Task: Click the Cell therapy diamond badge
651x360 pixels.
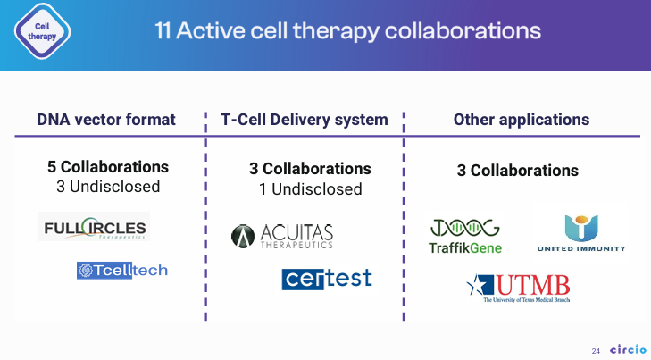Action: [x=42, y=31]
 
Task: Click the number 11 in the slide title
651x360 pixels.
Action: [x=163, y=30]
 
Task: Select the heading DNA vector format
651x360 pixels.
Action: [x=106, y=120]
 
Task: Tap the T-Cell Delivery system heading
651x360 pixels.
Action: [x=305, y=120]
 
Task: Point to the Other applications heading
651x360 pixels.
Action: [x=521, y=120]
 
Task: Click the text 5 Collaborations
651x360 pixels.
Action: [x=108, y=167]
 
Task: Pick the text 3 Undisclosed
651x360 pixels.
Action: [x=108, y=187]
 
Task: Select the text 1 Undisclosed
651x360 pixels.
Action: [x=311, y=189]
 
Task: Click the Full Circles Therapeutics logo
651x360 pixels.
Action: [x=94, y=227]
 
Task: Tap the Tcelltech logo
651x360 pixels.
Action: [x=122, y=271]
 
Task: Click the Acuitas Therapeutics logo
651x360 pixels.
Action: [x=282, y=236]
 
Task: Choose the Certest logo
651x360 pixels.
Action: [x=327, y=279]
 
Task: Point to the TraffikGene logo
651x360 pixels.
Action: [x=465, y=236]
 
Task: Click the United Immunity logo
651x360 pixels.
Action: [x=581, y=233]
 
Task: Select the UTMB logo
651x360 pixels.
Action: [x=518, y=289]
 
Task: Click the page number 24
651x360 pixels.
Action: [x=596, y=351]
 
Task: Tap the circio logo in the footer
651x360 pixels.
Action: [x=628, y=349]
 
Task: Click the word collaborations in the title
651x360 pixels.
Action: [x=463, y=30]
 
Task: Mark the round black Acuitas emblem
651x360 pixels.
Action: [x=243, y=237]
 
